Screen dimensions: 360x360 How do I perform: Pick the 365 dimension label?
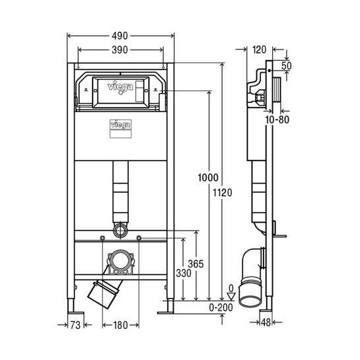[196, 263]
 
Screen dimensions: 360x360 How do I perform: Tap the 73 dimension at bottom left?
[77, 325]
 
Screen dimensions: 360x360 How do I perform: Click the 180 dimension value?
[120, 325]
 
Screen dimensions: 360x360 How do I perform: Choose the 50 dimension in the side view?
[286, 66]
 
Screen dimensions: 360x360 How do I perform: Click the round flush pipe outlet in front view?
[120, 231]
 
